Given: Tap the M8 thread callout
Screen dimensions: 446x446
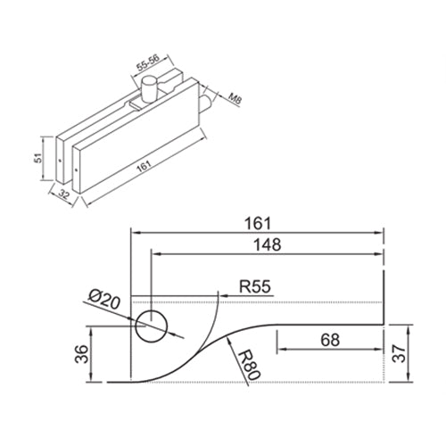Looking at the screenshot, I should point(234,99).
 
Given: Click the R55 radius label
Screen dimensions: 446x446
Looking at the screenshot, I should point(256,287).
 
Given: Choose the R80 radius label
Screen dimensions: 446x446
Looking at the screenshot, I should point(247,367).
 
